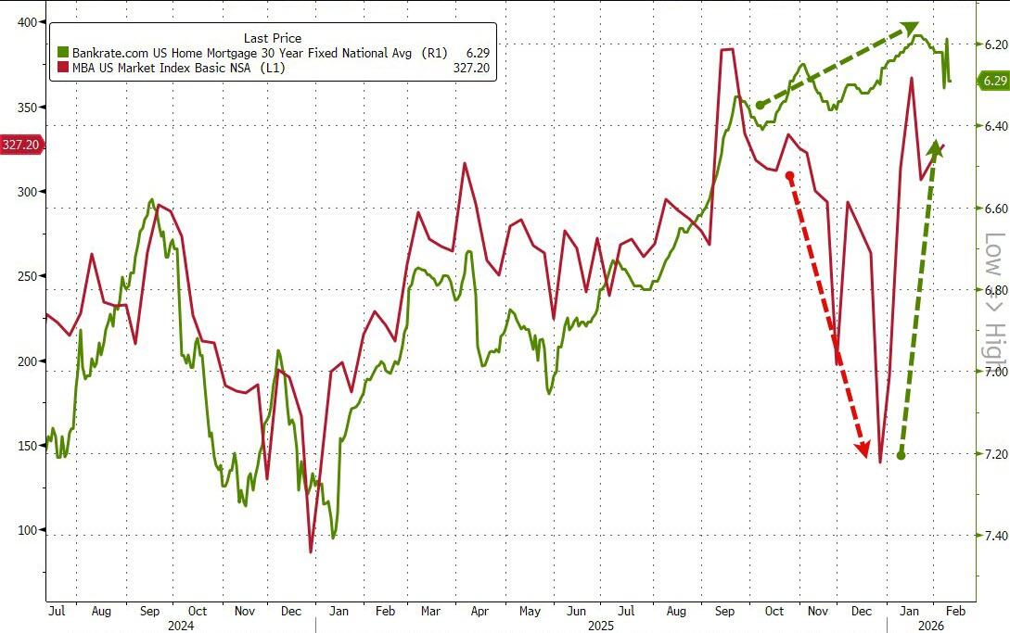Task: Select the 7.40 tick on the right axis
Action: pos(995,536)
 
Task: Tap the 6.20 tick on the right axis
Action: pos(995,44)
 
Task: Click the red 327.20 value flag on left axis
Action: pos(19,145)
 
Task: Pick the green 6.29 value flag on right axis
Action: pos(993,82)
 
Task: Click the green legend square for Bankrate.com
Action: pos(63,53)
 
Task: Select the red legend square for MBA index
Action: pos(63,68)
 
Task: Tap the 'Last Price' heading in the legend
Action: pos(272,38)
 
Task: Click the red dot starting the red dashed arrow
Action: pos(789,175)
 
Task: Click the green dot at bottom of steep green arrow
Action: pos(901,455)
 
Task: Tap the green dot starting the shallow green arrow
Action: pos(760,105)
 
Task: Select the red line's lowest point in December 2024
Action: pos(311,552)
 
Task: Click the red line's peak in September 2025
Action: pos(728,49)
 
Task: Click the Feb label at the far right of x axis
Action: pos(957,612)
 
